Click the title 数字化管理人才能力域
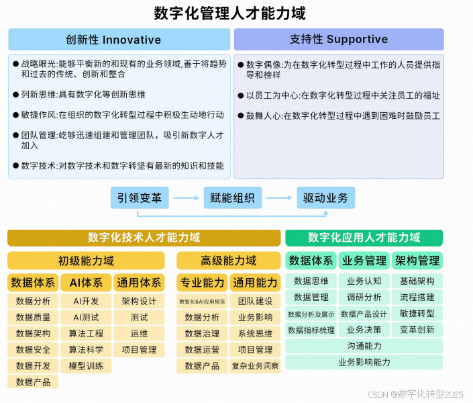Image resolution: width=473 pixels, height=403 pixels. pos(230,13)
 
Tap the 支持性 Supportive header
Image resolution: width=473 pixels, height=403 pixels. pos(338,40)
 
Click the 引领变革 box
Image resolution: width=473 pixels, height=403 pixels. pos(140,197)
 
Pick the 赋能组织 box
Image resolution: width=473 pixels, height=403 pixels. pos(232,197)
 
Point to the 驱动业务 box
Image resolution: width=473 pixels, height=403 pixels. pos(325,197)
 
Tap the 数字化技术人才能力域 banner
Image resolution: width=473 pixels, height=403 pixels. pos(144,238)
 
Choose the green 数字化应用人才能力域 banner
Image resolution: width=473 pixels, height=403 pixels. pos(364,237)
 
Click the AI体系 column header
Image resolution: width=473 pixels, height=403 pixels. pos(86,283)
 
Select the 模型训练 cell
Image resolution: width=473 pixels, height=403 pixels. pos(86,366)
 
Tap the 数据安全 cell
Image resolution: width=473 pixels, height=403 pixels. pos(33,350)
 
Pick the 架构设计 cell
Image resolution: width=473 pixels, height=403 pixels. pos(139,301)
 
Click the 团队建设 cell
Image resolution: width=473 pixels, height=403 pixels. pos(255,301)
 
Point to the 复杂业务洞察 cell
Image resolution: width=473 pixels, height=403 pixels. pos(255,366)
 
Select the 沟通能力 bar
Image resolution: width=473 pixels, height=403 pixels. pos(364,346)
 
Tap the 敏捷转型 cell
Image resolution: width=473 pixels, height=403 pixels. pos(417,314)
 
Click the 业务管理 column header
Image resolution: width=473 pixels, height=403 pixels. pos(364,261)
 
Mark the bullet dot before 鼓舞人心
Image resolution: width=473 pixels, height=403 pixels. pos(240,116)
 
